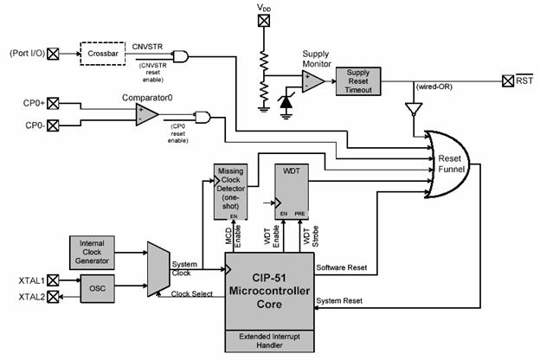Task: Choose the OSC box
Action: tap(96, 286)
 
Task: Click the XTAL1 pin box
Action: tap(54, 280)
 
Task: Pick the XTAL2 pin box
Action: tap(54, 296)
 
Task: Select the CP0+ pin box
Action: tap(54, 104)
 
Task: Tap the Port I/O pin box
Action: tap(54, 54)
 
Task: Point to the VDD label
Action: tap(264, 8)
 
